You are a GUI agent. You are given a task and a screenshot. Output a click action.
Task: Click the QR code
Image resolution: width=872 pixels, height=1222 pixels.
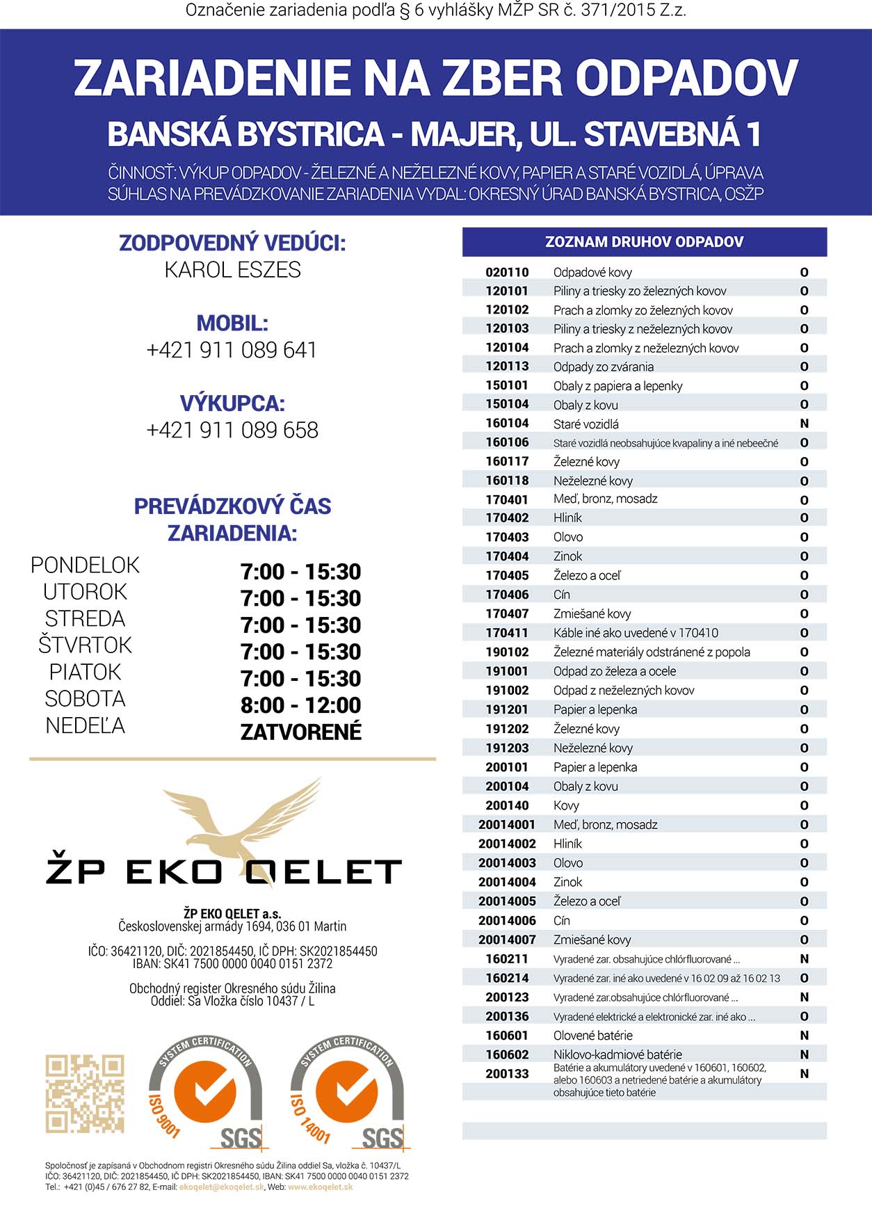(85, 1093)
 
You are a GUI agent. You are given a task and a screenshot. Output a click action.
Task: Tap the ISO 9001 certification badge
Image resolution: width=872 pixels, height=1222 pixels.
(206, 1092)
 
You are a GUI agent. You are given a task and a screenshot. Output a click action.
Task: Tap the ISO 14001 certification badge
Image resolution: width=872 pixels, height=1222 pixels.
(348, 1092)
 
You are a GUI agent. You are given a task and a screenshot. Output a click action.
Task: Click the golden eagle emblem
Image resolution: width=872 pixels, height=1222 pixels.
(243, 824)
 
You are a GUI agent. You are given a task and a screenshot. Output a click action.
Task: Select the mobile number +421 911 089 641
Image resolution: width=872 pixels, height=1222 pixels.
(232, 350)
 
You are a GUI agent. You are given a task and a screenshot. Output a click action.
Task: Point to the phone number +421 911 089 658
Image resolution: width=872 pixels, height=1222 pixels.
(232, 431)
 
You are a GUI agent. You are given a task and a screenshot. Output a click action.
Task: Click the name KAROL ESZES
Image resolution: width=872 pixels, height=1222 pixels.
(232, 270)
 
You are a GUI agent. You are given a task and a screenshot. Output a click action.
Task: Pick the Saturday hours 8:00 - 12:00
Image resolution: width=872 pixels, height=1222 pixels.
(300, 705)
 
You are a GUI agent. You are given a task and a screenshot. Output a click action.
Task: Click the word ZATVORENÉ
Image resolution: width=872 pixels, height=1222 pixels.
(300, 732)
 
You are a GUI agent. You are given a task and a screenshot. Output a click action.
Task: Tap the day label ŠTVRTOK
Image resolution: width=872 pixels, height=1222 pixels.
(85, 645)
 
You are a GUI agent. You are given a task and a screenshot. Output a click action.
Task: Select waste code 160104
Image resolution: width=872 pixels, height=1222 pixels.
(507, 424)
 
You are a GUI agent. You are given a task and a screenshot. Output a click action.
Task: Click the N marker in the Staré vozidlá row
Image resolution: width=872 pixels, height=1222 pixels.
(804, 424)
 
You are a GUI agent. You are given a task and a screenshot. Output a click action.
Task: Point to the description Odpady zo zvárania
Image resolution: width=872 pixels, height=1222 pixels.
(603, 367)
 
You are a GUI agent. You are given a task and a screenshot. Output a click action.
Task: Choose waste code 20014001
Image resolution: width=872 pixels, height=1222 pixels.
(507, 825)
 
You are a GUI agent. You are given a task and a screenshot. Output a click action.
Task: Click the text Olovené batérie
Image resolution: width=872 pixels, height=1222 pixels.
(592, 1036)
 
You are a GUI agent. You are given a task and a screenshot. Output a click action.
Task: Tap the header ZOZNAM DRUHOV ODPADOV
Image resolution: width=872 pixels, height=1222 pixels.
(644, 242)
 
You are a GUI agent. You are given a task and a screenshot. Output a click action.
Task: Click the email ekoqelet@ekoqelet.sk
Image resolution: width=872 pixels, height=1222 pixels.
(221, 1187)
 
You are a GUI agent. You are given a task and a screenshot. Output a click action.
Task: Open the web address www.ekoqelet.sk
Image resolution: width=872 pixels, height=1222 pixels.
(320, 1187)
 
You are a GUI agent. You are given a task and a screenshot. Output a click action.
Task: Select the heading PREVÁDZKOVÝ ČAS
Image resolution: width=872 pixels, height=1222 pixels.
(232, 506)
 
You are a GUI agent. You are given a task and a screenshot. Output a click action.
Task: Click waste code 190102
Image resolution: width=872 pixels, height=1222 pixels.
(507, 652)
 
